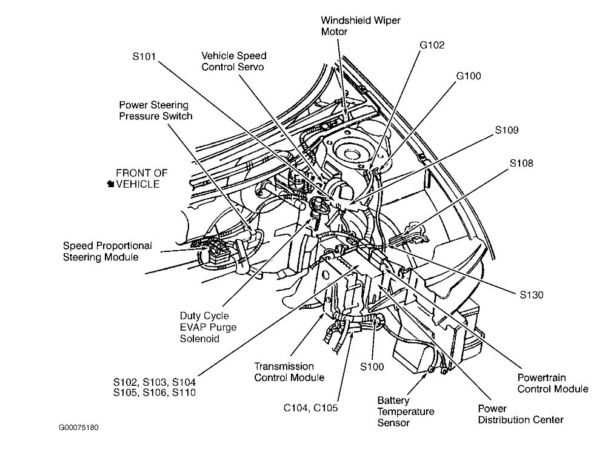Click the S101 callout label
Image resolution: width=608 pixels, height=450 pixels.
[144, 56]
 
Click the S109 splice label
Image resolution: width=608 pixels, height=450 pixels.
[507, 130]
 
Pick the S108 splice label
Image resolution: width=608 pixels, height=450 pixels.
[521, 163]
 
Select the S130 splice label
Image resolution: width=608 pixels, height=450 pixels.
[531, 296]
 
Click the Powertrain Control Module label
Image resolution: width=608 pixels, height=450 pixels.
[553, 383]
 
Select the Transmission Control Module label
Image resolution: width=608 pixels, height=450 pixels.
[289, 372]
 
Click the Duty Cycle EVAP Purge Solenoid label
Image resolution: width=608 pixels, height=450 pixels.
[207, 328]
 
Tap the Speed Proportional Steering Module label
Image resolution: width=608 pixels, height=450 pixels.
[107, 251]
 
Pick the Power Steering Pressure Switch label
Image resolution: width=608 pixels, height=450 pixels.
[155, 110]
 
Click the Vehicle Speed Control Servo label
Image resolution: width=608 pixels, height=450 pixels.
[233, 61]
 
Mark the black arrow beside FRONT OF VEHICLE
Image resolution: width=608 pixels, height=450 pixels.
[110, 184]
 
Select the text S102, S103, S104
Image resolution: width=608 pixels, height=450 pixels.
[154, 382]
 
